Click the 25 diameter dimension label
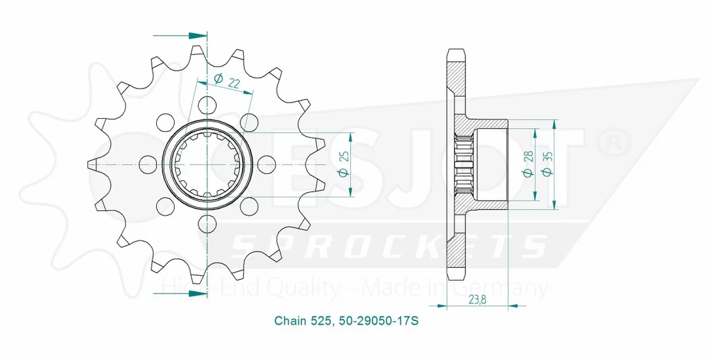pyautogui.click(x=344, y=157)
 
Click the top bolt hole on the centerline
pyautogui.click(x=207, y=104)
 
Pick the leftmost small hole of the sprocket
pyautogui.click(x=148, y=163)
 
